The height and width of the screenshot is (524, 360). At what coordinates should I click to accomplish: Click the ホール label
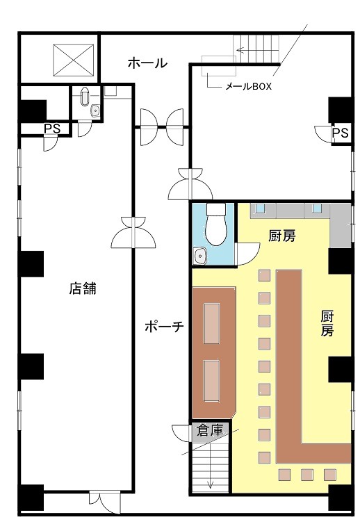point(147,63)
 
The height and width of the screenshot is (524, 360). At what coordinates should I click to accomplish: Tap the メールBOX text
point(248,87)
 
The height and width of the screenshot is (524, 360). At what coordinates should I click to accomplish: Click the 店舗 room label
point(83,288)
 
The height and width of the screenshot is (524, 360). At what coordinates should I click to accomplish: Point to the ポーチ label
point(164,326)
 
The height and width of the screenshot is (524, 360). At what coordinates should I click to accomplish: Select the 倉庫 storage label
point(210,430)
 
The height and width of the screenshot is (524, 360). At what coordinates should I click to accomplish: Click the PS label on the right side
point(341,133)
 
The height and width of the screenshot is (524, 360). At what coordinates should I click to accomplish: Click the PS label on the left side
point(52,129)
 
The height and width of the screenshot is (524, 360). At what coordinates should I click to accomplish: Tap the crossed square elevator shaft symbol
point(73,60)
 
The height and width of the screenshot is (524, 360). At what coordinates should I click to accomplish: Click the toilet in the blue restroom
point(215,224)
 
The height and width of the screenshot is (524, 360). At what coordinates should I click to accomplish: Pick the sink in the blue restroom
point(200,256)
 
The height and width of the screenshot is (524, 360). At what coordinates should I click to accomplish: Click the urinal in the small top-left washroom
point(85,96)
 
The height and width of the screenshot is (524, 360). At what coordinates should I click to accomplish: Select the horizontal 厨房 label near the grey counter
point(282,236)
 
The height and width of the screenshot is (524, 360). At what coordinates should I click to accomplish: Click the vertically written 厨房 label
point(327,323)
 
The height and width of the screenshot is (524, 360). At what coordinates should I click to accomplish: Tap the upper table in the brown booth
point(211,323)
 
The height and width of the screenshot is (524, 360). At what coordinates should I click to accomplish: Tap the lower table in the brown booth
point(211,381)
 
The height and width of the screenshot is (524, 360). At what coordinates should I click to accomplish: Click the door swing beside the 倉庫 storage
point(181,433)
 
